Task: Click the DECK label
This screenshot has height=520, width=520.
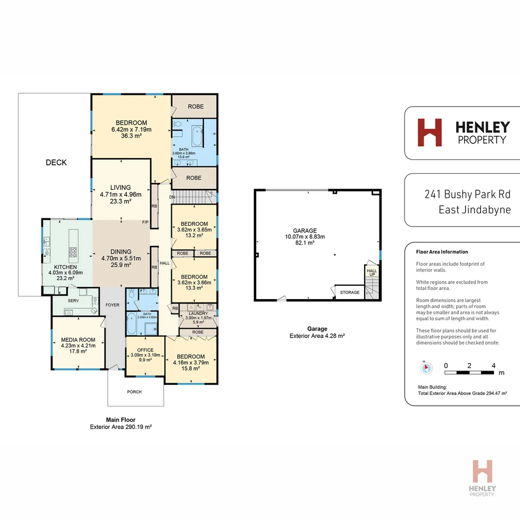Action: [x=56, y=163]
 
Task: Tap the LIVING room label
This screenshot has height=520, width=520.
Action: [x=120, y=188]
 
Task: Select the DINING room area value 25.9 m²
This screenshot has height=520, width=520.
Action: [x=120, y=265]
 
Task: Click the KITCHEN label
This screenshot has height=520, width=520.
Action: [x=65, y=267]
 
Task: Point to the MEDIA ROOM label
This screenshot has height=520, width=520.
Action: [x=78, y=339]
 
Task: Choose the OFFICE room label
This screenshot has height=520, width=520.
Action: [x=145, y=350]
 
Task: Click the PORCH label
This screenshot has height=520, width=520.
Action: [x=134, y=392]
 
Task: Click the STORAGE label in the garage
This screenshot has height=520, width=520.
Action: [x=350, y=292]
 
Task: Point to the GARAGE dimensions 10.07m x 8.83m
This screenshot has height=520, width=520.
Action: [x=305, y=237]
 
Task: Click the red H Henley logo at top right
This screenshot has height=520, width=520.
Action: [x=429, y=132]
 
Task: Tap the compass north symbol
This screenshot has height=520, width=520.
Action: [x=426, y=368]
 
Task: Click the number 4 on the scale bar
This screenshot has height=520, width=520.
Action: [x=494, y=365]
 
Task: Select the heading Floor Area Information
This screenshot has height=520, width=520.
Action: [x=442, y=252]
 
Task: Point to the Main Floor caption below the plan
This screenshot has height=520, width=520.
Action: [x=121, y=420]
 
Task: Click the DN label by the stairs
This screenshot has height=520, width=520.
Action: [x=171, y=197]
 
